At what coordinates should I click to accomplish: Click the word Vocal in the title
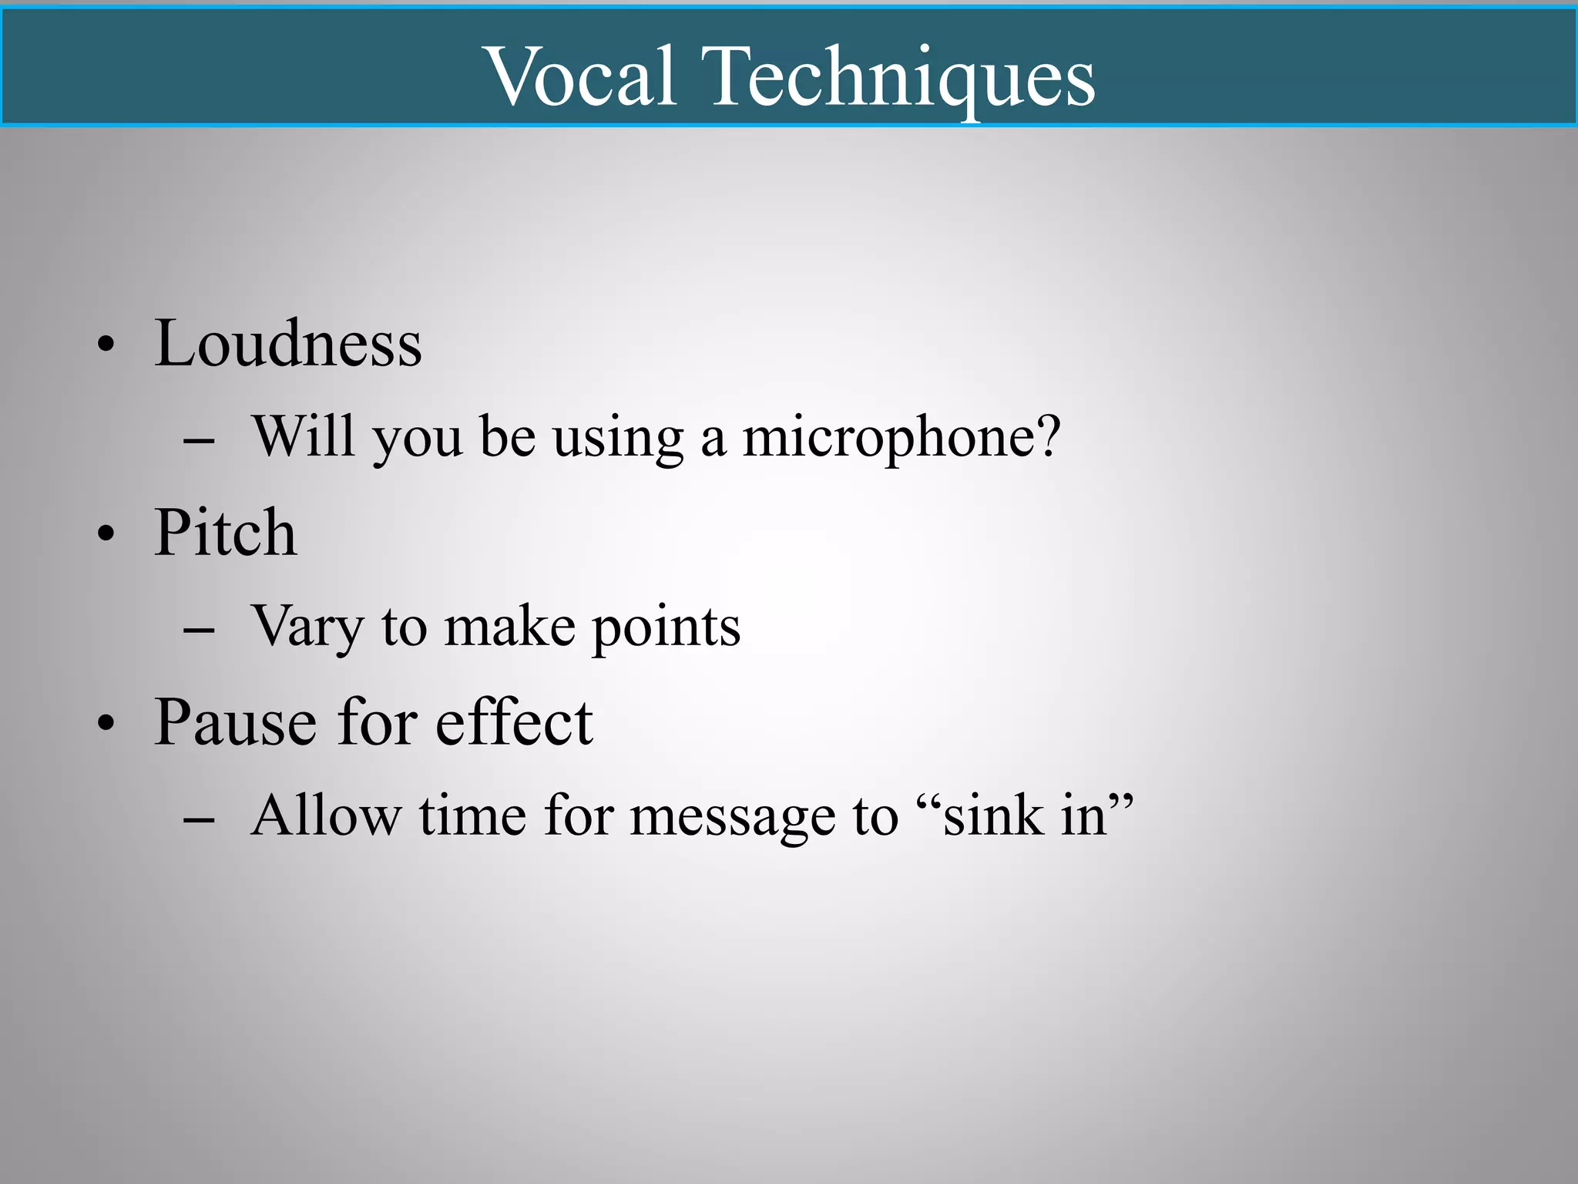click(583, 76)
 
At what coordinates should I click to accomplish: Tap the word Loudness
click(288, 344)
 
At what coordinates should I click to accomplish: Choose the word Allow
click(326, 816)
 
